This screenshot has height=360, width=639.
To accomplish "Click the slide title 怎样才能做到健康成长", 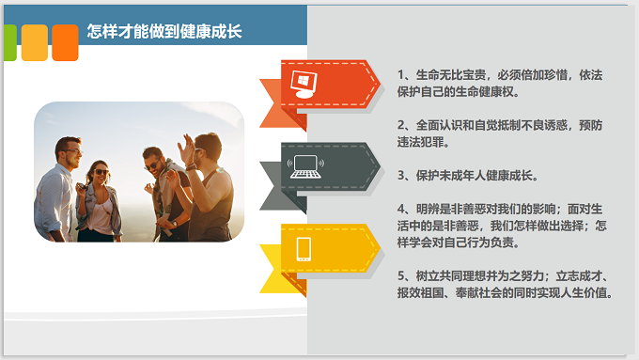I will click(x=164, y=31).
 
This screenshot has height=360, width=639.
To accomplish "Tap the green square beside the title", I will click(x=7, y=42).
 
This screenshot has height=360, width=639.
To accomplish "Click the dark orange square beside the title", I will click(x=65, y=42).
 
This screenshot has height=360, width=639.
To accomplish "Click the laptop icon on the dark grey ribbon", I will click(x=305, y=167).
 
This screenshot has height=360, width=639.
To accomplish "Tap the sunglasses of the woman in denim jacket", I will click(x=100, y=171).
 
